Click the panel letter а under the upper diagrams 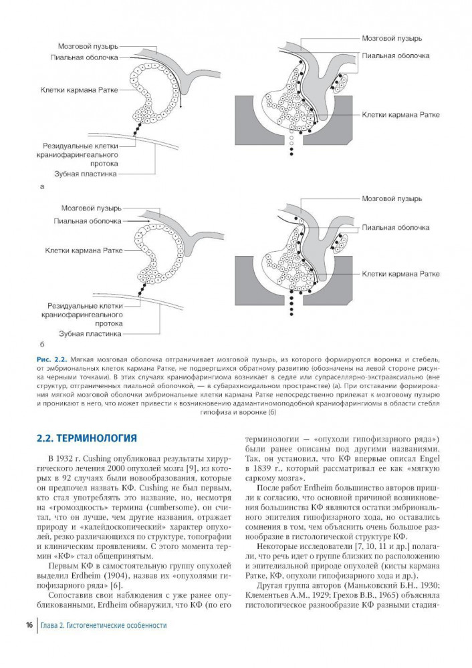[x=42, y=186]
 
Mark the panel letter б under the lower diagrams [x=42, y=343]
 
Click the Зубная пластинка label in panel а [x=91, y=174]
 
